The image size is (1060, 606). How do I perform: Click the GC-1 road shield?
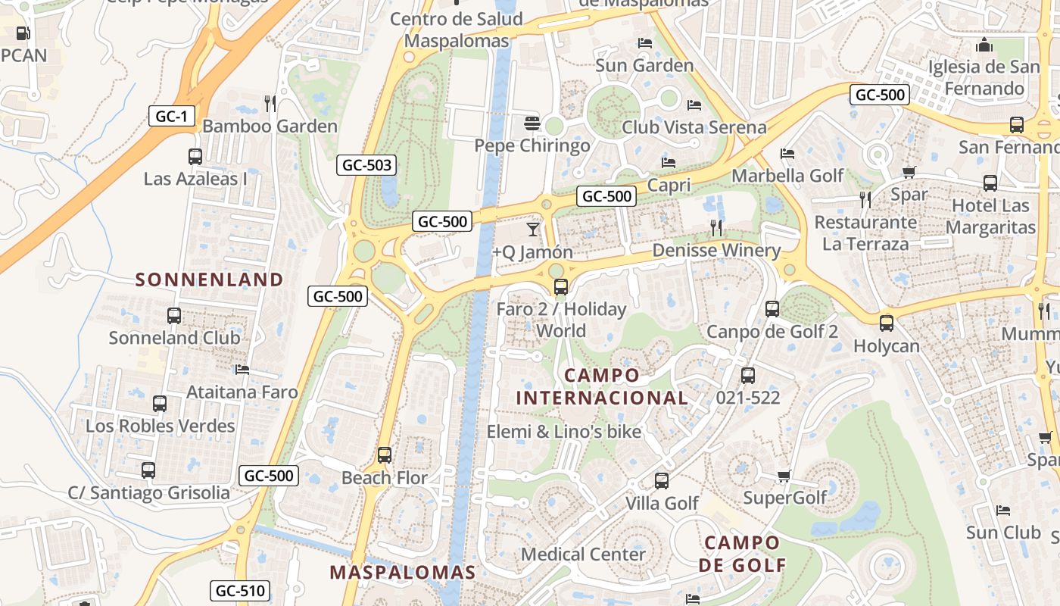tap(172, 116)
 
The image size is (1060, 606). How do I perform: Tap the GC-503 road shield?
tap(367, 165)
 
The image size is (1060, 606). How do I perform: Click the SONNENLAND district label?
tap(209, 280)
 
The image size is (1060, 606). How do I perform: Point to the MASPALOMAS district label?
tap(403, 572)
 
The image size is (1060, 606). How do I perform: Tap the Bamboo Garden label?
tap(270, 126)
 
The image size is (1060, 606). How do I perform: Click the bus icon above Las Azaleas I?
tap(195, 157)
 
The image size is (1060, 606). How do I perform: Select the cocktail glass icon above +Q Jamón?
tap(533, 229)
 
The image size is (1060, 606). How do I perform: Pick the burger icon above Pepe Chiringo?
tap(532, 123)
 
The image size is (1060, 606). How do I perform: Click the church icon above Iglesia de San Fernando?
tap(984, 45)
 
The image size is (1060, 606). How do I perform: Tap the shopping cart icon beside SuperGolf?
tap(784, 476)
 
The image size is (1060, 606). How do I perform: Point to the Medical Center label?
tap(584, 554)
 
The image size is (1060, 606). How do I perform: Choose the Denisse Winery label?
tap(715, 250)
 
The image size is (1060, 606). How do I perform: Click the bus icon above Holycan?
tap(887, 323)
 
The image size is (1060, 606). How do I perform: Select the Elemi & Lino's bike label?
tap(564, 432)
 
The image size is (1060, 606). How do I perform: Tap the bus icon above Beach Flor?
tap(385, 455)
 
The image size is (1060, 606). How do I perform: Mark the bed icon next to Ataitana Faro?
tap(242, 370)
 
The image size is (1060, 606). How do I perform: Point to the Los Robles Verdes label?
tap(161, 426)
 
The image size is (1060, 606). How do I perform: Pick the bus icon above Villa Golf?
tap(662, 481)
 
